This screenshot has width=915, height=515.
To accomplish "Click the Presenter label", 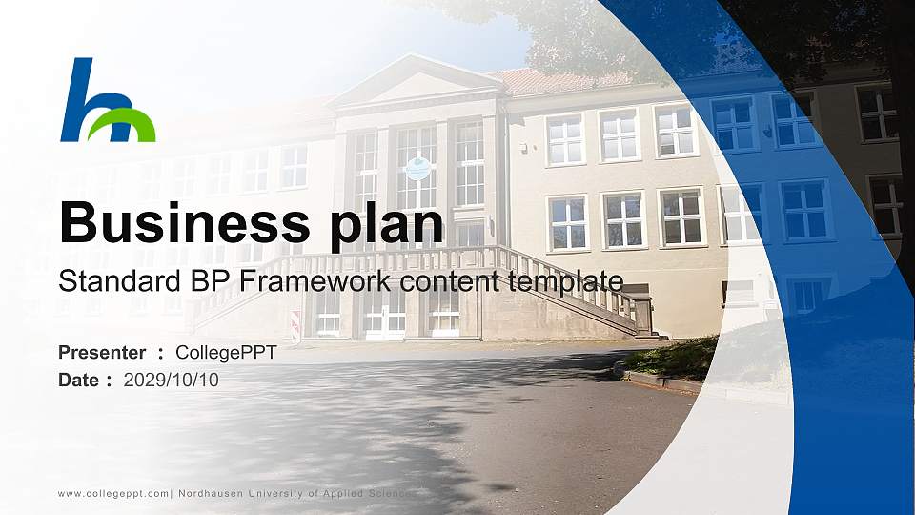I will tap(102, 353).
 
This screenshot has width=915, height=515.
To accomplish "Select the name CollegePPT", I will tap(226, 353).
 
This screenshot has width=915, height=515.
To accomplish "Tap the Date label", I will tap(79, 381).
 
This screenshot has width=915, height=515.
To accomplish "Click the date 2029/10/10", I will tap(172, 381).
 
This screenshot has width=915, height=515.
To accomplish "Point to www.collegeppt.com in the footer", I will tap(113, 493).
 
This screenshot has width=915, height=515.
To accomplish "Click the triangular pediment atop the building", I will tap(417, 83).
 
